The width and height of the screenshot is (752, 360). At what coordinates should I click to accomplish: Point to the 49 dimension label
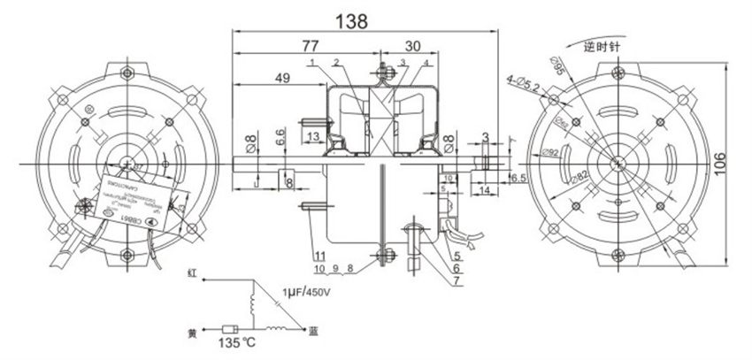click(283, 79)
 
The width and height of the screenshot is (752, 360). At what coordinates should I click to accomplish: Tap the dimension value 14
click(487, 190)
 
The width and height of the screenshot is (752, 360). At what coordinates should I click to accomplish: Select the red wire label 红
click(190, 277)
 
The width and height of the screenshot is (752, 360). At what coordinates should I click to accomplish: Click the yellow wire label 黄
click(190, 334)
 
